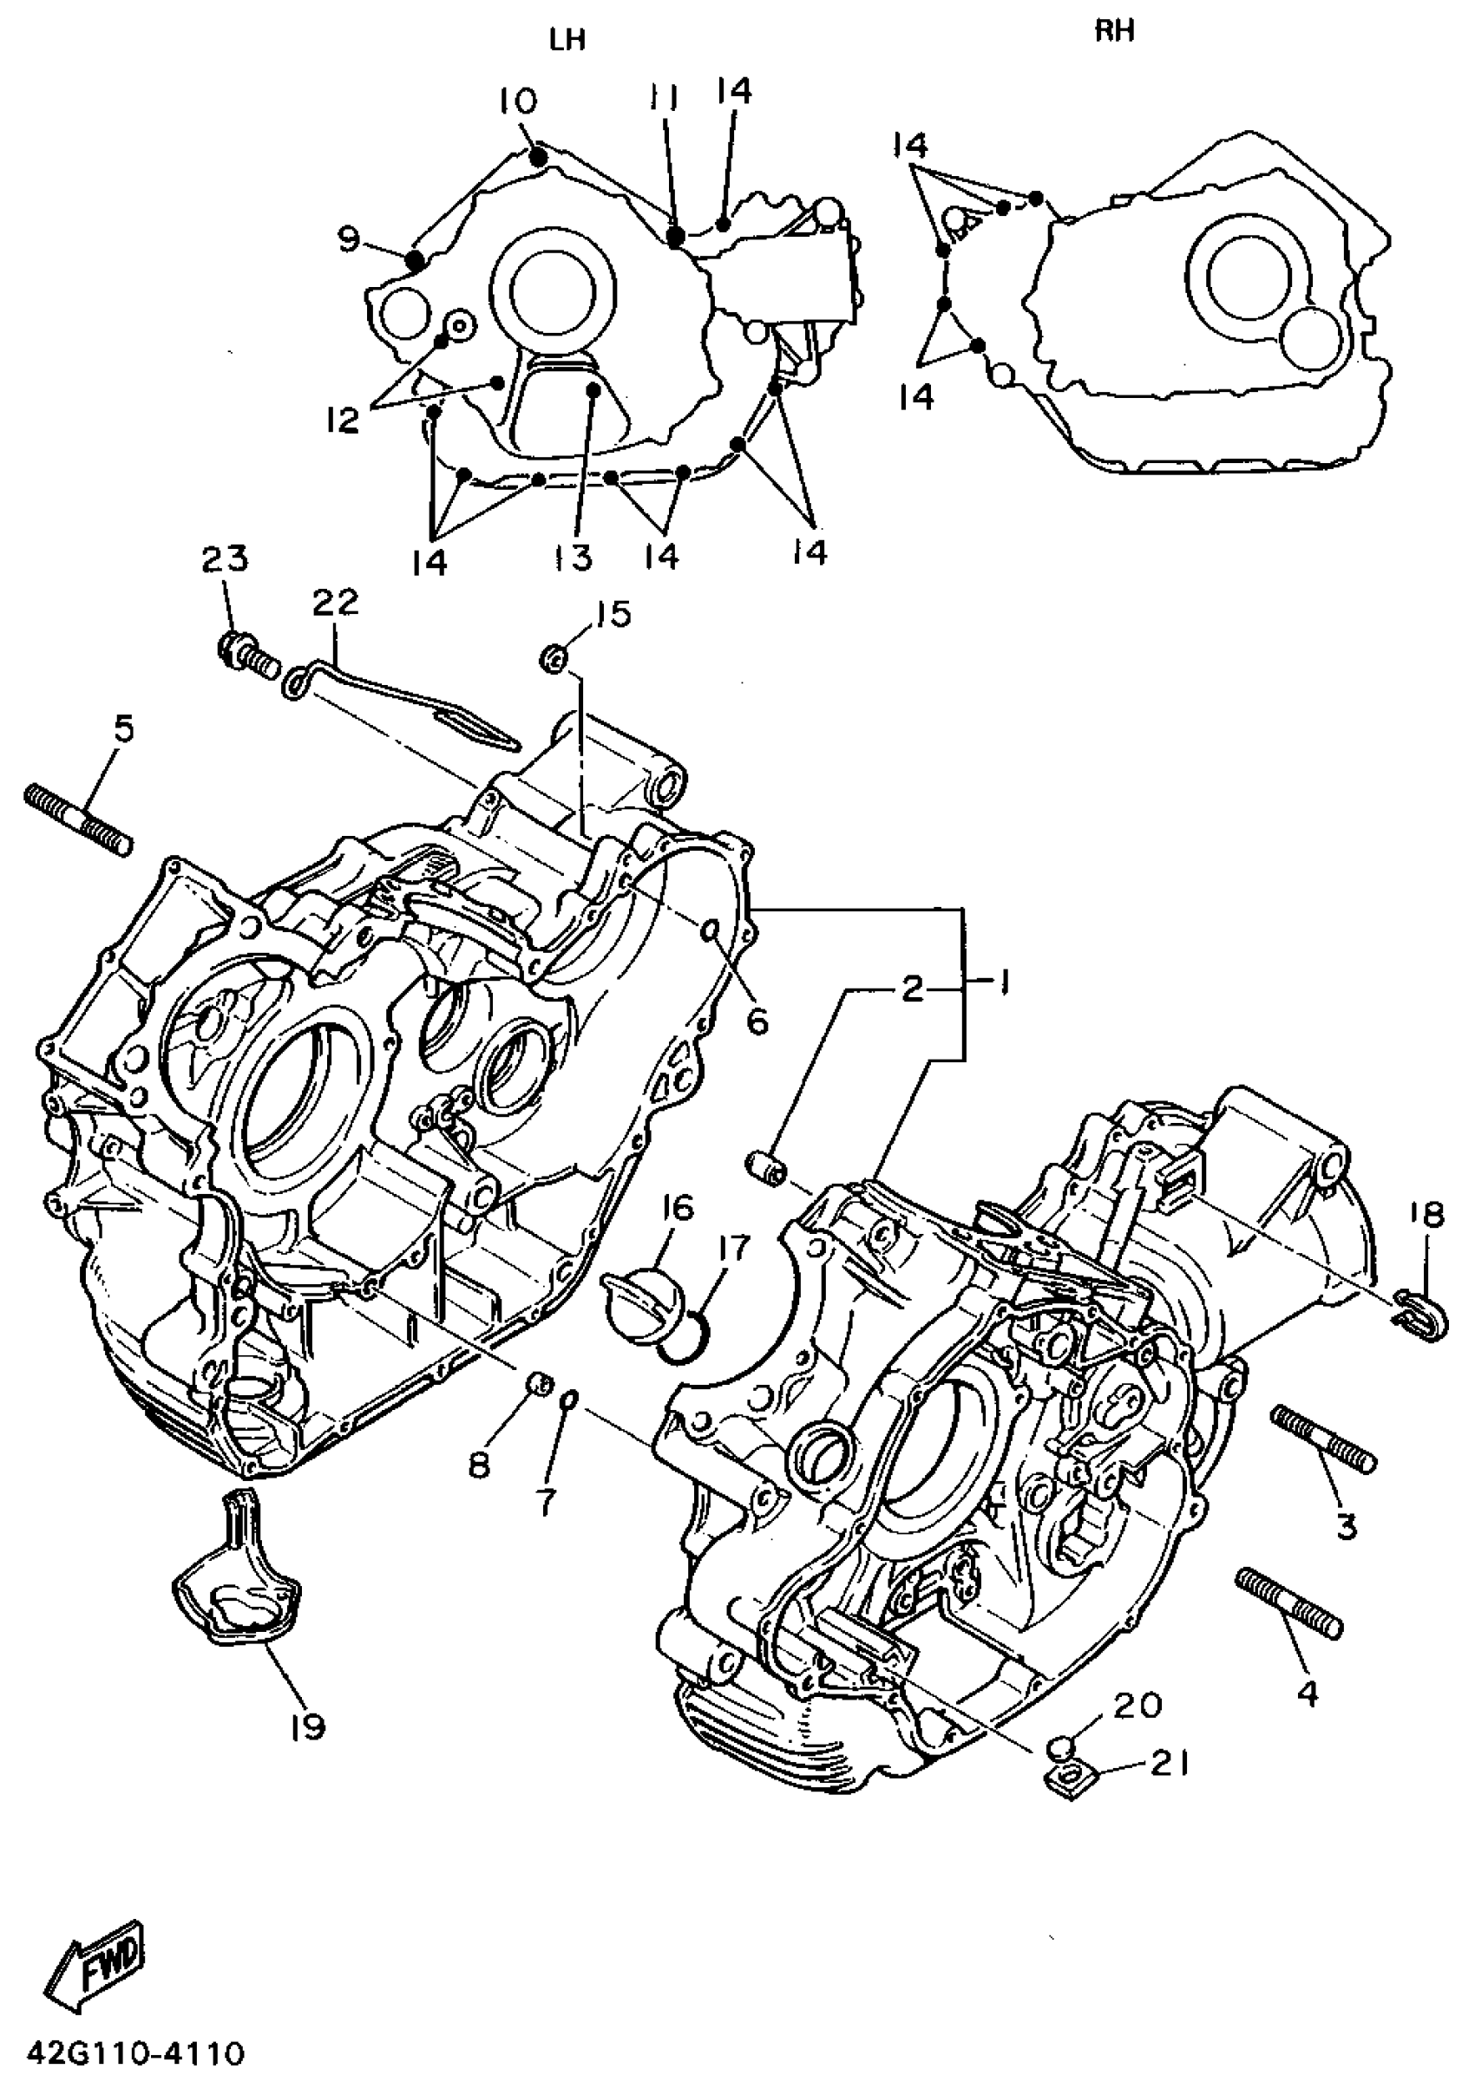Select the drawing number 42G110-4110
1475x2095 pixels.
click(136, 2053)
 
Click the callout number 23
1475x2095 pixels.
click(225, 558)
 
